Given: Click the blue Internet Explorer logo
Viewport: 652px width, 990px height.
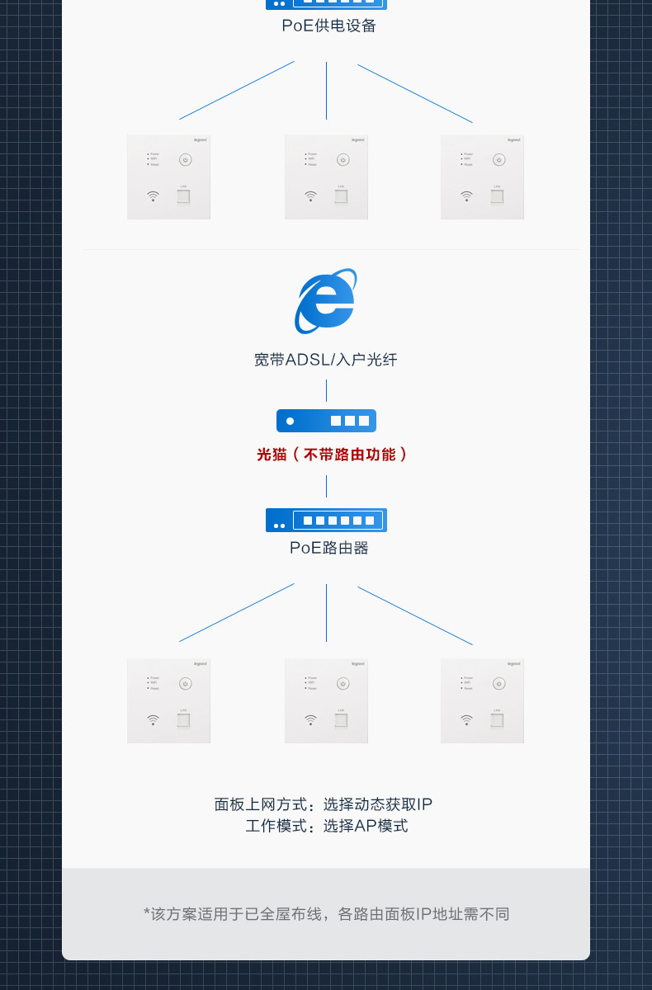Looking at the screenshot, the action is (325, 301).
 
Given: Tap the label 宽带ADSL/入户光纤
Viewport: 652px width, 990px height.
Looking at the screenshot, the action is (326, 360).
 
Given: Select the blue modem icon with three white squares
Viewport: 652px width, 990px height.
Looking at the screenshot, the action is (326, 421).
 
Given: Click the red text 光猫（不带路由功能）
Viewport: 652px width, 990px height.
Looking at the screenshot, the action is (332, 455).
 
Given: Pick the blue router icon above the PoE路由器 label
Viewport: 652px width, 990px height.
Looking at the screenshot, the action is (326, 520).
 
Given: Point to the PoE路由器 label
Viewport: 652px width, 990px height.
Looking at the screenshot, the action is (328, 548).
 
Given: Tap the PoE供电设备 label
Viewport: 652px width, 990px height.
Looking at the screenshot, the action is (328, 26).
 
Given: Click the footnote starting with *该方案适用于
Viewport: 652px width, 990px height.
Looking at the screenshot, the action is (326, 914).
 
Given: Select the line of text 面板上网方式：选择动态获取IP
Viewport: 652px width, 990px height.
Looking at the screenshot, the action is (324, 804).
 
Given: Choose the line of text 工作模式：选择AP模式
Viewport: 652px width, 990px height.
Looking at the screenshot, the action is (327, 826).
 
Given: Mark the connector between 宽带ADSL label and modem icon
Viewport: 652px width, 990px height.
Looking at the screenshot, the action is (326, 390).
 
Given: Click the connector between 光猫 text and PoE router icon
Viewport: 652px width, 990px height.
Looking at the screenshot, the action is (326, 487).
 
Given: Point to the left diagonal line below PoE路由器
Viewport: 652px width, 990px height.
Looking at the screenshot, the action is (237, 612).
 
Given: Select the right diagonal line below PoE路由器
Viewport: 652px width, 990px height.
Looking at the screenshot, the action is (415, 615).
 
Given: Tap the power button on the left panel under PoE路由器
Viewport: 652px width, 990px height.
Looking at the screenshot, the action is (185, 683).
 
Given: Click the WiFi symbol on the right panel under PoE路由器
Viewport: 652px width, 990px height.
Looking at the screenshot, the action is (466, 719).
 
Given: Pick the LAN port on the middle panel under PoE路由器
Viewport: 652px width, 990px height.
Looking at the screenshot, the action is (340, 720).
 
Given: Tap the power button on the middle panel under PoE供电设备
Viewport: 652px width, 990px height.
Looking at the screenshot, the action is (343, 160).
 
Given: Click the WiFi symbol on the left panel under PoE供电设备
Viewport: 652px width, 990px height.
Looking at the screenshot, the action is (153, 196).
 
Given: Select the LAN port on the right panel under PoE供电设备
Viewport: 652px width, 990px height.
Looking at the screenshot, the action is (497, 196).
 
